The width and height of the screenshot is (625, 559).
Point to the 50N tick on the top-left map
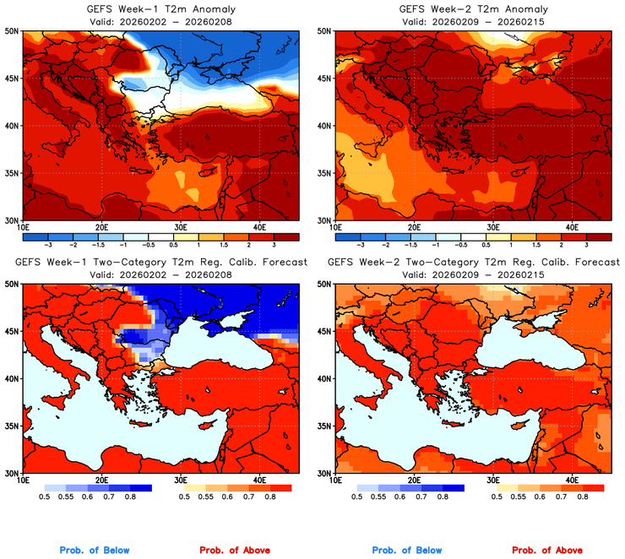point(13,30)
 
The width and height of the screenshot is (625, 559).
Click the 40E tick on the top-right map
point(572,227)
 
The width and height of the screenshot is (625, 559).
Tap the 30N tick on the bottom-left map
point(13,473)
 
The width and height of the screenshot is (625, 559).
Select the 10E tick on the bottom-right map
point(335,480)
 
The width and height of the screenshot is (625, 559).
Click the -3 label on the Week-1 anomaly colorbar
point(47,242)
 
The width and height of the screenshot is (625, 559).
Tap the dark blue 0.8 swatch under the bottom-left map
point(139,487)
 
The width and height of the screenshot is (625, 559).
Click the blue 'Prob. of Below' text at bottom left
point(95,551)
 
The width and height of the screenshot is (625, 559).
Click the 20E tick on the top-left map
point(101,227)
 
